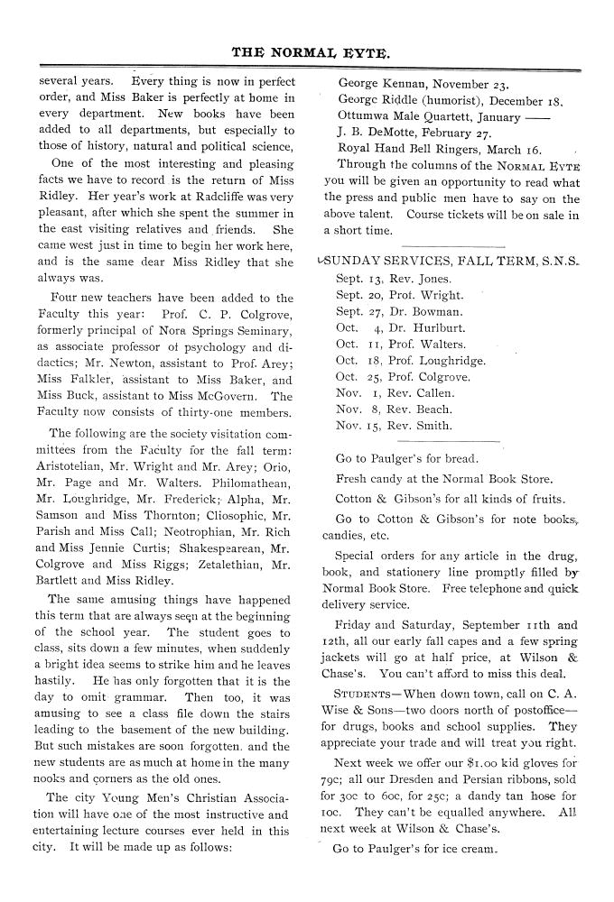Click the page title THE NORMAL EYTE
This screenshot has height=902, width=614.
[311, 53]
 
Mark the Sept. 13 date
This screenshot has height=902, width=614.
[358, 279]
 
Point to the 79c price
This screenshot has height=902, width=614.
[335, 728]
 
